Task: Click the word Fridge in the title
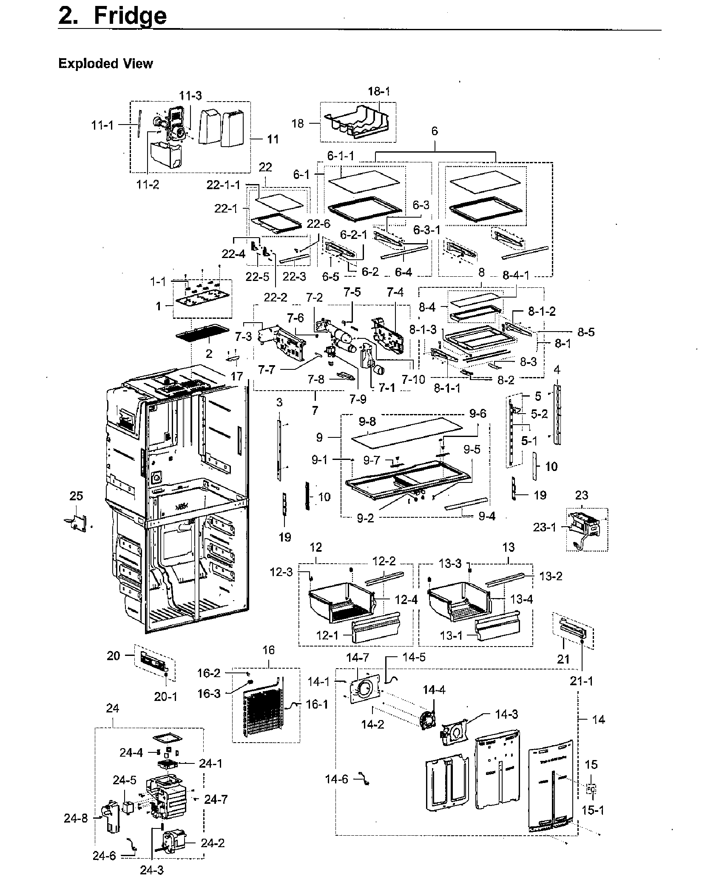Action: [130, 16]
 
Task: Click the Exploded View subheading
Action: [105, 64]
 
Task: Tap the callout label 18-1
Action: [379, 91]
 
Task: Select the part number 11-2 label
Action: [147, 184]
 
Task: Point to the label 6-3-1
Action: [427, 230]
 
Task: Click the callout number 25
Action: [76, 496]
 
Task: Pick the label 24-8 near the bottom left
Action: [76, 818]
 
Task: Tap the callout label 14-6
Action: [336, 779]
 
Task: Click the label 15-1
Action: [593, 810]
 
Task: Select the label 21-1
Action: [581, 681]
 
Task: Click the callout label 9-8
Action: [367, 422]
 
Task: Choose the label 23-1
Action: [545, 527]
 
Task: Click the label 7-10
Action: [414, 379]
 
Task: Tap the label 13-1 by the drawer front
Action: [451, 636]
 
